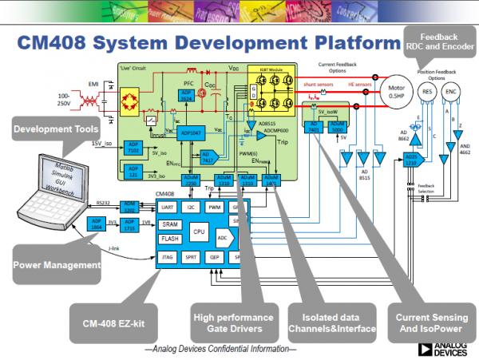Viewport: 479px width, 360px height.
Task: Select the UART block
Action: pyautogui.click(x=167, y=207)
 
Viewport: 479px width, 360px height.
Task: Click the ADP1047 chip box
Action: pyautogui.click(x=192, y=132)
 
